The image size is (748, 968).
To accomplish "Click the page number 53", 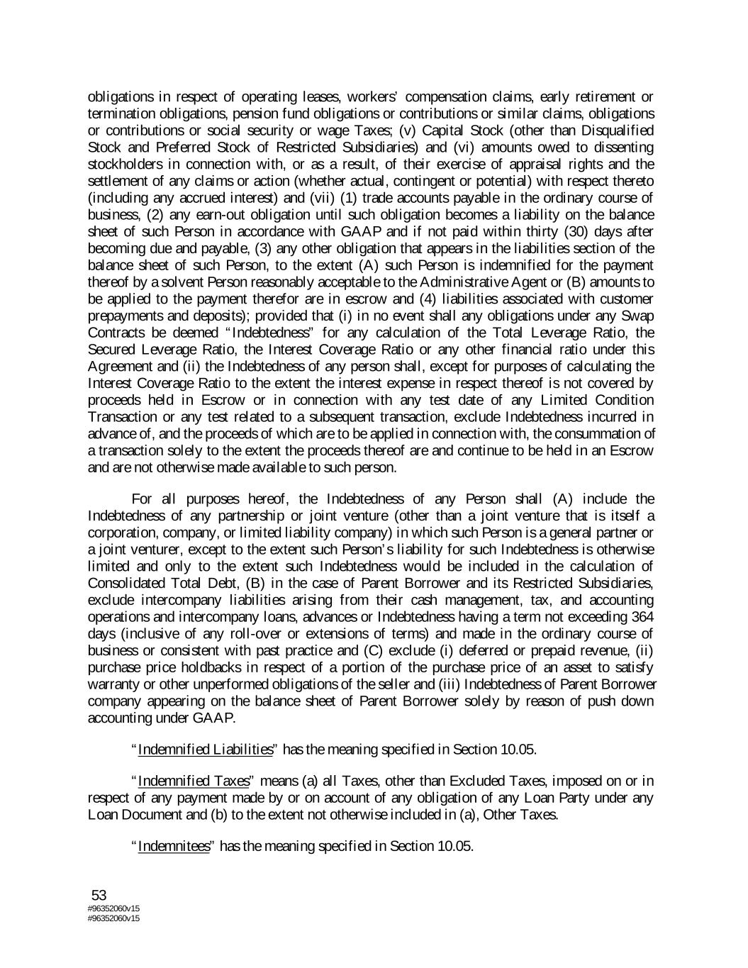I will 99,895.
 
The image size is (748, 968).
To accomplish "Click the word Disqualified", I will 618,130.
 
